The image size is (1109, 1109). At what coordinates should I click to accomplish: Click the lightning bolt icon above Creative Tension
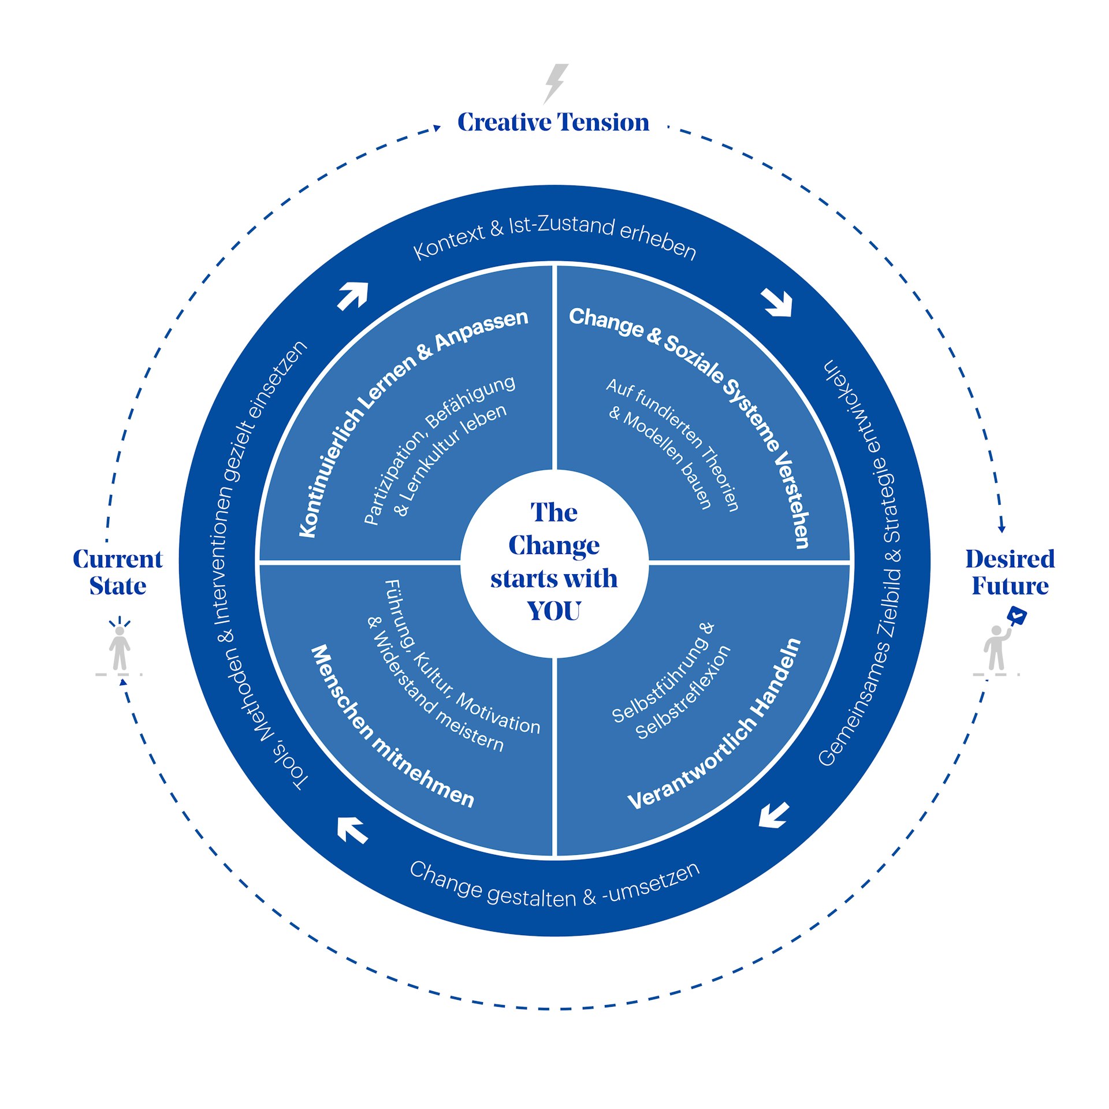pyautogui.click(x=556, y=83)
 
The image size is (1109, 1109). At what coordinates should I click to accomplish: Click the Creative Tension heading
pyautogui.click(x=553, y=122)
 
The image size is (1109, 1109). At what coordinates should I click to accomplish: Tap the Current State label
pyautogui.click(x=118, y=572)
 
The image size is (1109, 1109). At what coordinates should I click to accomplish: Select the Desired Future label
pyautogui.click(x=1010, y=572)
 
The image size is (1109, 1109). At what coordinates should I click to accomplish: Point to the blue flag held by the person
pyautogui.click(x=1017, y=616)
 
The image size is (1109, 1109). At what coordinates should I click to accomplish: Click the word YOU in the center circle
pyautogui.click(x=553, y=611)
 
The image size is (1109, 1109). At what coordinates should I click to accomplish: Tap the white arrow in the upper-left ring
pyautogui.click(x=353, y=296)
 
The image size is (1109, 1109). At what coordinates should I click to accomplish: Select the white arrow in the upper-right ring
pyautogui.click(x=777, y=302)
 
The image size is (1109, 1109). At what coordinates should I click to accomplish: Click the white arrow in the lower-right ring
pyautogui.click(x=774, y=815)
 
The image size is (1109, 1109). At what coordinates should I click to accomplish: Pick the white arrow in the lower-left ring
pyautogui.click(x=352, y=830)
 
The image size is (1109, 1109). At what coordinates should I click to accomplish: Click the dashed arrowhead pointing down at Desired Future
pyautogui.click(x=1002, y=528)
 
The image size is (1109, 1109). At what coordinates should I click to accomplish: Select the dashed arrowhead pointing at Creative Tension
pyautogui.click(x=437, y=128)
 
